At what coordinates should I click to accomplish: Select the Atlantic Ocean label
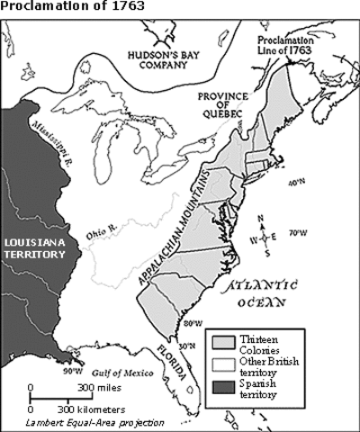coord(272,296)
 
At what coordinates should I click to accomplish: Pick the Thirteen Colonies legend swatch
coord(226,341)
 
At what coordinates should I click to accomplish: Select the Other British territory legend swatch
coord(226,362)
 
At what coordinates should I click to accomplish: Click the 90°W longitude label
coord(73,371)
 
